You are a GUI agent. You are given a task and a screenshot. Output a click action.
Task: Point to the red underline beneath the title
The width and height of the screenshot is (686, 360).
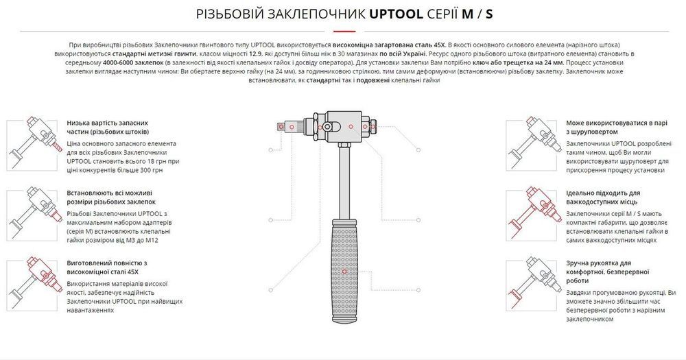[342, 32]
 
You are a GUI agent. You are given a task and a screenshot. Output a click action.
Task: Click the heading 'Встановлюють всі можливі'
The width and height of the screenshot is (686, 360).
[111, 197]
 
